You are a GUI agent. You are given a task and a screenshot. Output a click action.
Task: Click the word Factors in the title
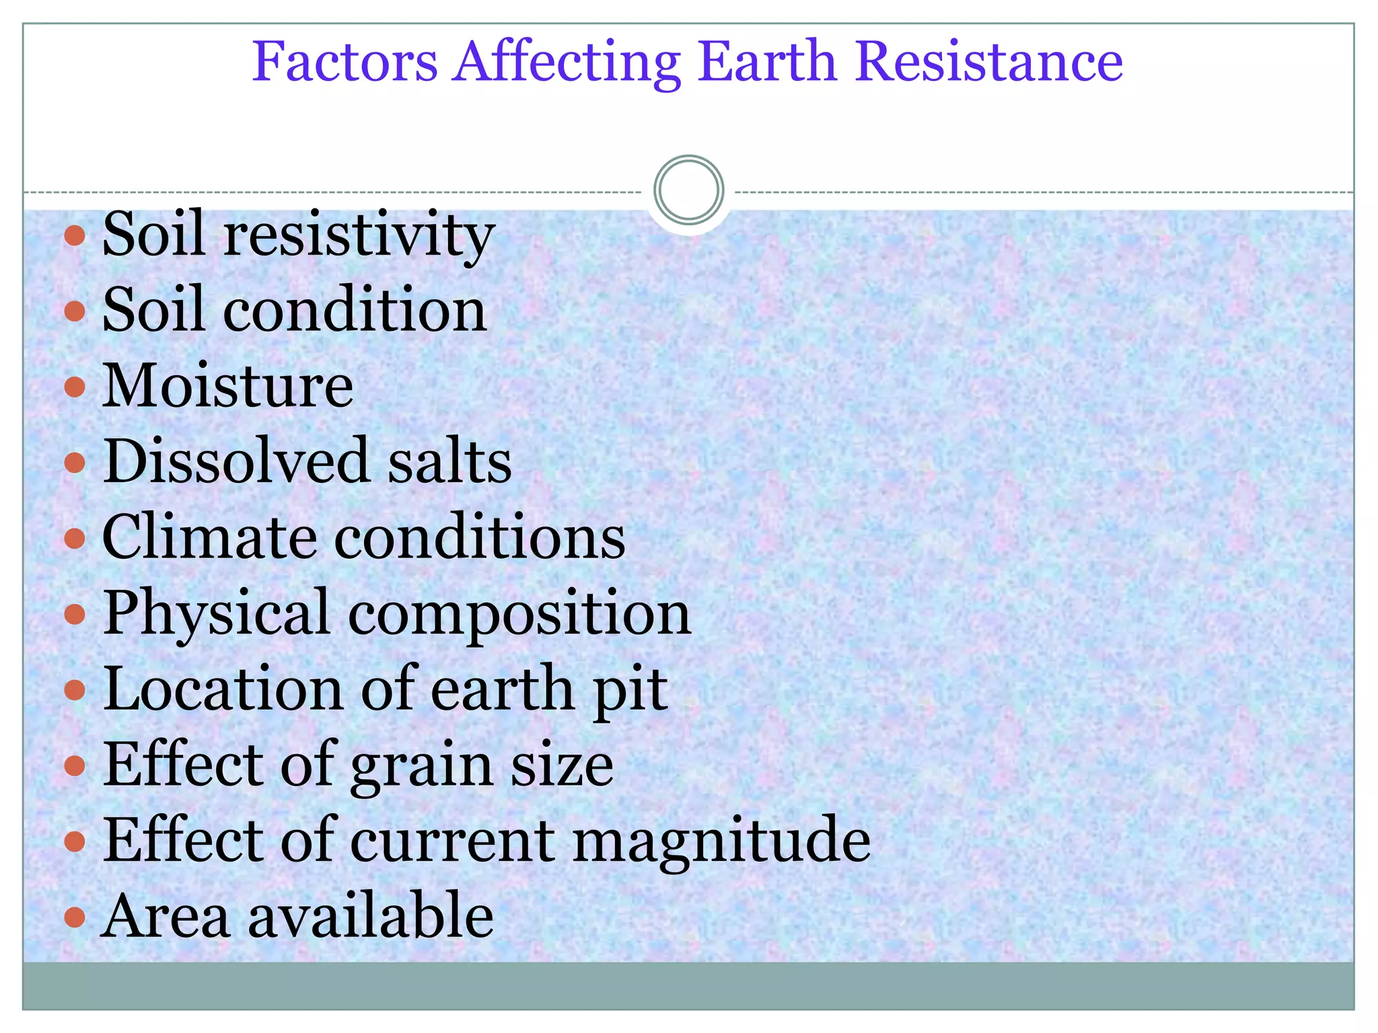coord(344,62)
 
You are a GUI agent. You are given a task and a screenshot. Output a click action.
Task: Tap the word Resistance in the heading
coord(989,62)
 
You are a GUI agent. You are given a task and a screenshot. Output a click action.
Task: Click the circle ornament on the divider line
coord(688,190)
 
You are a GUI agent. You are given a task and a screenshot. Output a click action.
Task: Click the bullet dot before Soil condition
coord(75,311)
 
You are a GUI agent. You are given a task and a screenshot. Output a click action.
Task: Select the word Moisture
coord(227,386)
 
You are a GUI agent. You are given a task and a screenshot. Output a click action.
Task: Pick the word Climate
coord(209,537)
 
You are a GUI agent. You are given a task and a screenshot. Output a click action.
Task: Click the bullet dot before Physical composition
coord(75,614)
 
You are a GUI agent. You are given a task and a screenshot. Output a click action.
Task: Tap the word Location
coord(223,689)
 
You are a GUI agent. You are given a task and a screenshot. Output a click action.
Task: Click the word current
coord(451,841)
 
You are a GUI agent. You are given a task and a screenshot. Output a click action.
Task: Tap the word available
coord(371,915)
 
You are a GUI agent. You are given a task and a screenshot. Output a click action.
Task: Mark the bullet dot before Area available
coord(75,916)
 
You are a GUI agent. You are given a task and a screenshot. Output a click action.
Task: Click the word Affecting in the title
coord(567,62)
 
